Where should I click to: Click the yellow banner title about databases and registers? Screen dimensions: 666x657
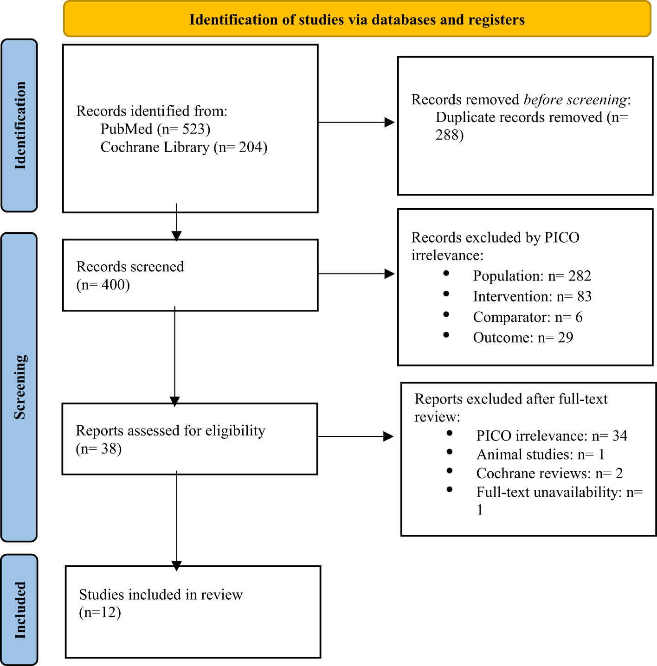click(357, 20)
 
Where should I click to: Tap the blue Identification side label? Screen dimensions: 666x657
click(19, 125)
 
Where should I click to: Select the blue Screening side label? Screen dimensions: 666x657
click(19, 387)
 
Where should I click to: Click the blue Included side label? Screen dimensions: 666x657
click(19, 610)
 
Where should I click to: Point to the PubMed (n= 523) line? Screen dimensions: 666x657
click(155, 129)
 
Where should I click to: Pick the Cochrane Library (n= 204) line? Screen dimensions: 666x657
click(184, 147)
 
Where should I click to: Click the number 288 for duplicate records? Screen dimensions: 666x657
click(449, 135)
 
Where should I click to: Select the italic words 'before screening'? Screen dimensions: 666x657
click(575, 100)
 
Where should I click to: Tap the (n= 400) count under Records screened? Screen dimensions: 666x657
click(103, 284)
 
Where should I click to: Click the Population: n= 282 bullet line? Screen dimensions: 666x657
click(532, 276)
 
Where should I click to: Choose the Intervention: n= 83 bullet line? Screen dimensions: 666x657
click(532, 296)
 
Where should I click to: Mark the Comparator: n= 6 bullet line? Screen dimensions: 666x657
click(528, 317)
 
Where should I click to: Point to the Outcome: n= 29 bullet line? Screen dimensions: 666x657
click(523, 338)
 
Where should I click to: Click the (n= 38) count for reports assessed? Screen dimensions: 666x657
click(99, 448)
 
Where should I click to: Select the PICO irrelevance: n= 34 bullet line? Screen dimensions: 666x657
click(552, 436)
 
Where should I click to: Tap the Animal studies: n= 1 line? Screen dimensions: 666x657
click(541, 455)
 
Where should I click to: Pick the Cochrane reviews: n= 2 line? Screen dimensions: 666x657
click(549, 474)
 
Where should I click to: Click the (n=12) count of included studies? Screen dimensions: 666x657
click(100, 612)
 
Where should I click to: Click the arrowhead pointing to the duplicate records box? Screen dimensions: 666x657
click(390, 122)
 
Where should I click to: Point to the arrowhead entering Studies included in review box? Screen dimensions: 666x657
click(176, 566)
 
